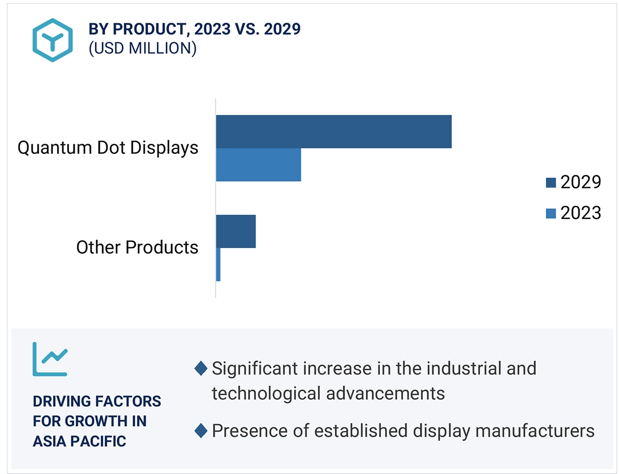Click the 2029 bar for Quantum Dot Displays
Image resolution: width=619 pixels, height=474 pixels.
(333, 132)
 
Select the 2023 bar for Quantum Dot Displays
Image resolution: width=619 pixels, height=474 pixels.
(258, 165)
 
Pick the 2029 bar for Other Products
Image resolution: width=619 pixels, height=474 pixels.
(236, 231)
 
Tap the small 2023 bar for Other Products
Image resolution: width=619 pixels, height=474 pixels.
(218, 265)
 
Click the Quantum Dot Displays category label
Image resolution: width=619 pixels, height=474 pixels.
(108, 148)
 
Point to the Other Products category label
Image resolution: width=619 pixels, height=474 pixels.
(137, 247)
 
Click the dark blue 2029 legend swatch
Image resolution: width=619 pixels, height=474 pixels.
(551, 183)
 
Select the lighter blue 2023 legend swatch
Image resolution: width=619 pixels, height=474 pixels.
(551, 213)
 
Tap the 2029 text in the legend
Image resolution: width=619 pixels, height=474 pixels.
(581, 182)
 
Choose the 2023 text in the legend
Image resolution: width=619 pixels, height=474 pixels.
(581, 213)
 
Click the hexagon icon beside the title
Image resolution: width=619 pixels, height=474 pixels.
(52, 40)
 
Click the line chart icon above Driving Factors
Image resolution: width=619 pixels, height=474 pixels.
(50, 359)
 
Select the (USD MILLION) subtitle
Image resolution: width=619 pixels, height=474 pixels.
(142, 49)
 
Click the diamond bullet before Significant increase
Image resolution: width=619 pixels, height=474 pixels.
(201, 368)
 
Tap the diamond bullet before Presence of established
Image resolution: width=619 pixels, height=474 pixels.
(201, 431)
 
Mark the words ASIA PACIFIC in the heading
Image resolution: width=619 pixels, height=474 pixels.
(79, 441)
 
